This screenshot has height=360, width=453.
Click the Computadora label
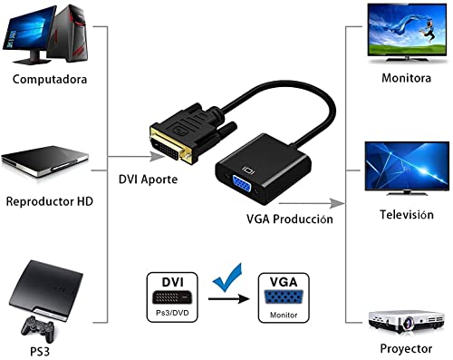click(x=50, y=79)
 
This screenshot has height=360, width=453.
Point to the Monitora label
click(x=405, y=77)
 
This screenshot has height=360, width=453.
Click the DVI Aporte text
click(x=148, y=180)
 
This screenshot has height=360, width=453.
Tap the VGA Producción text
click(x=289, y=219)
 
